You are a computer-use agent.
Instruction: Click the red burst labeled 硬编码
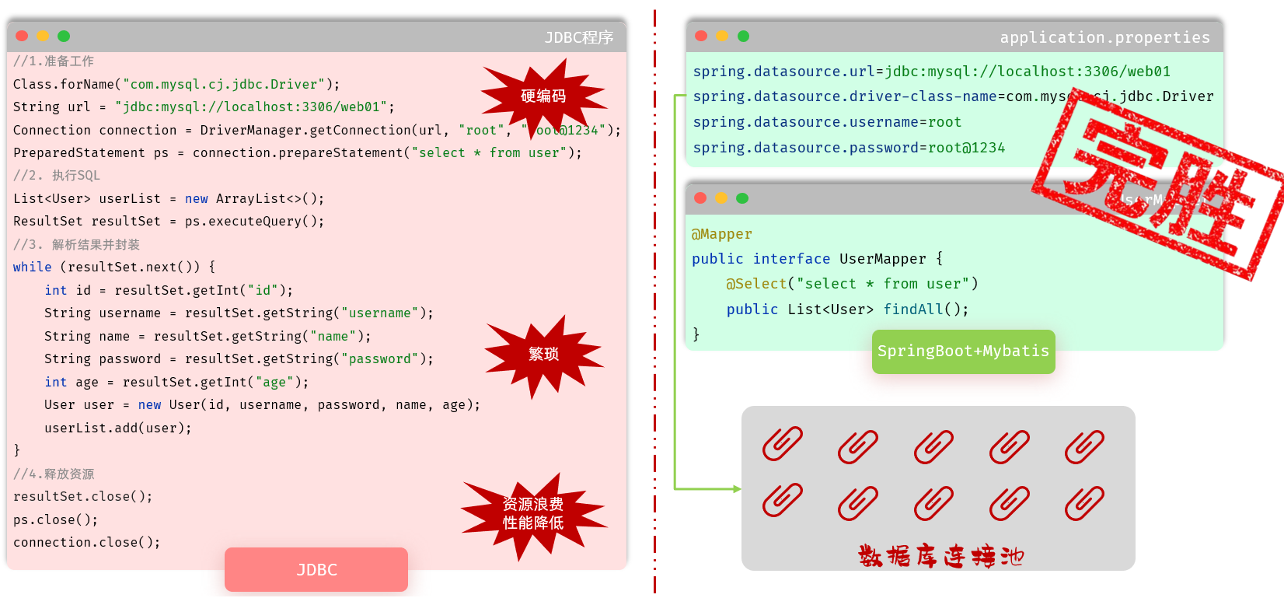pyautogui.click(x=543, y=96)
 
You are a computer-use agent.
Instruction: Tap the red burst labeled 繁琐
pyautogui.click(x=543, y=355)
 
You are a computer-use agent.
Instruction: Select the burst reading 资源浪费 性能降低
pyautogui.click(x=533, y=514)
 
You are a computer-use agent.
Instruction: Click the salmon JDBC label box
pyautogui.click(x=316, y=569)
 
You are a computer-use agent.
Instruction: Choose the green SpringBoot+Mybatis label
pyautogui.click(x=963, y=351)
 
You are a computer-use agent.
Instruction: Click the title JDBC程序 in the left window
pyautogui.click(x=579, y=37)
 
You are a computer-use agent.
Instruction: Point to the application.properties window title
pyautogui.click(x=1104, y=37)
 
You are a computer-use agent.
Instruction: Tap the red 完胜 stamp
pyautogui.click(x=1158, y=191)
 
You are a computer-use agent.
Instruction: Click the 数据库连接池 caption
pyautogui.click(x=940, y=556)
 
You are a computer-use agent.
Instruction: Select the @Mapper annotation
pyautogui.click(x=722, y=234)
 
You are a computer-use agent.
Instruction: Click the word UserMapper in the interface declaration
pyautogui.click(x=883, y=259)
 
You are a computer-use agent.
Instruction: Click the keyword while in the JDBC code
pyautogui.click(x=33, y=268)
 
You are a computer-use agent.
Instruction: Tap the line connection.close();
pyautogui.click(x=86, y=543)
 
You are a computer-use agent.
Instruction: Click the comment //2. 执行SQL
pyautogui.click(x=57, y=176)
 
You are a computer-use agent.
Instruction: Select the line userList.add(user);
pyautogui.click(x=117, y=428)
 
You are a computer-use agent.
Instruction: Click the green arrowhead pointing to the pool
pyautogui.click(x=737, y=489)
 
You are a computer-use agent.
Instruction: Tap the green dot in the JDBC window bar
pyautogui.click(x=64, y=36)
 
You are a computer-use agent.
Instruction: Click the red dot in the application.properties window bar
pyautogui.click(x=701, y=36)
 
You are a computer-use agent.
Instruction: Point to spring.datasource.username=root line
pyautogui.click(x=827, y=122)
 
